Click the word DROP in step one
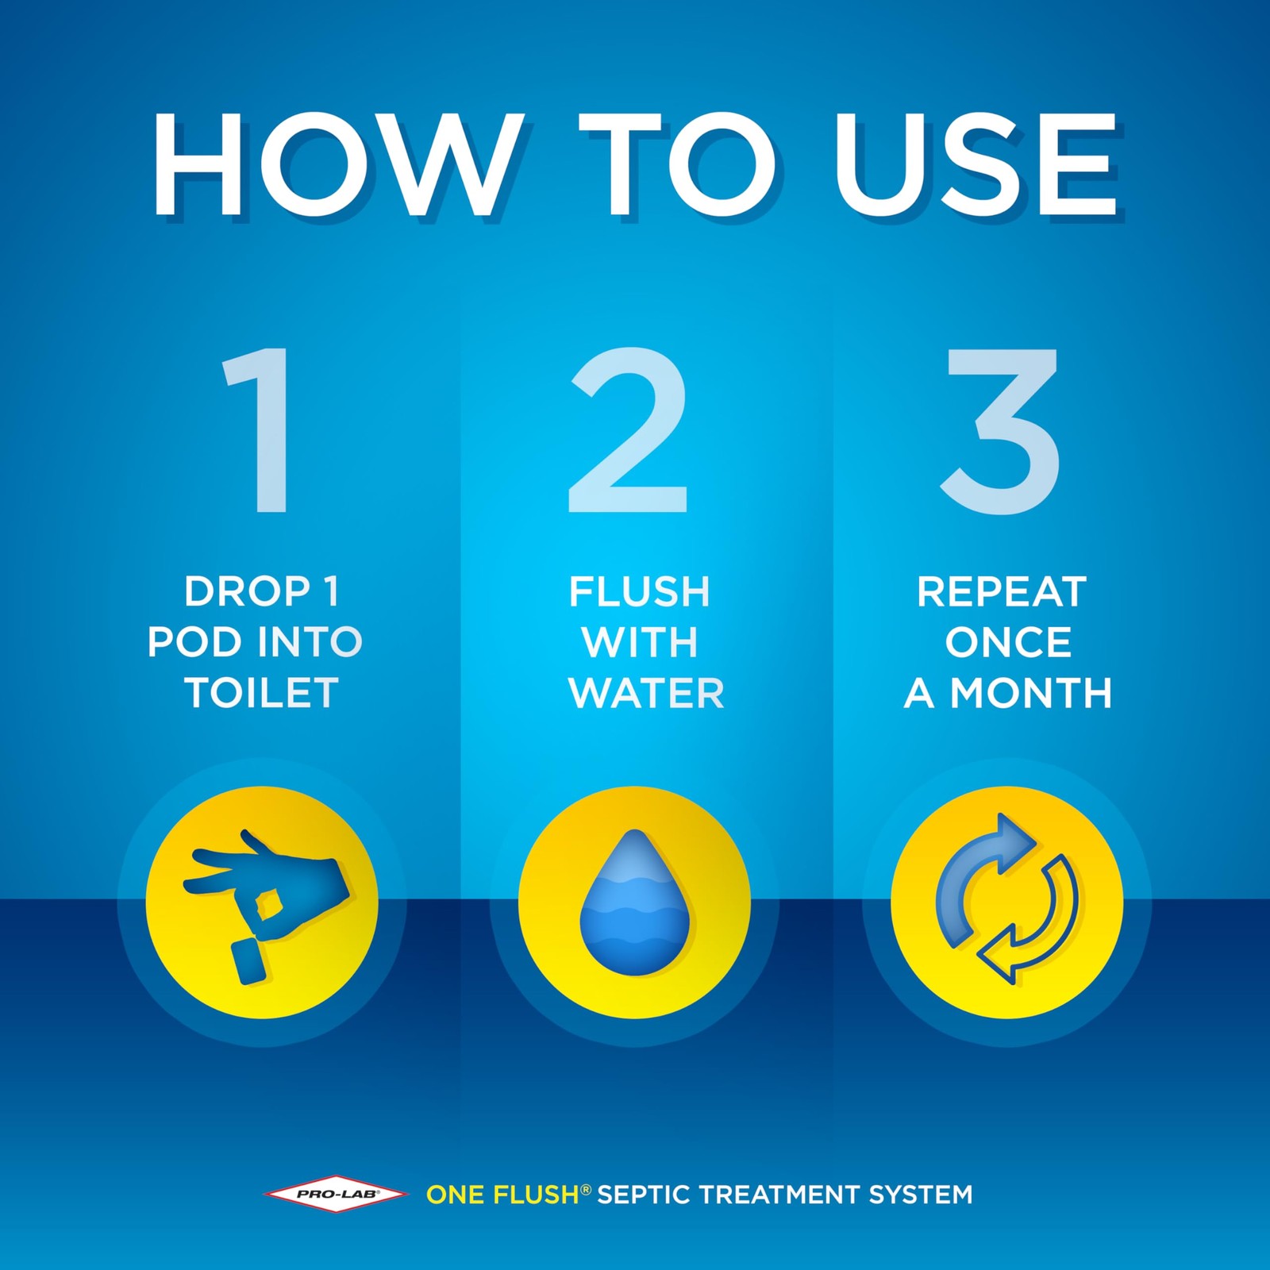point(247,591)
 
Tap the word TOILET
point(262,693)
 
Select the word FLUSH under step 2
point(639,591)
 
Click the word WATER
point(646,693)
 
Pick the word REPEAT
point(1002,591)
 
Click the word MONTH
point(1031,693)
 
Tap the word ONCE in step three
point(1008,642)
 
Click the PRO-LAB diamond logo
point(337,1194)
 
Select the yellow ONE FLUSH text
point(502,1194)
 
